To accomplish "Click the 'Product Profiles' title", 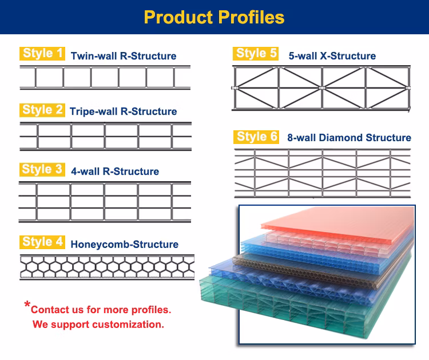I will pyautogui.click(x=214, y=17).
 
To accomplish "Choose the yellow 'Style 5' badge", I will pyautogui.click(x=256, y=54).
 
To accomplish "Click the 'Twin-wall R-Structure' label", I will pyautogui.click(x=124, y=56).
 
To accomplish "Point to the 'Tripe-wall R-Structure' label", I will pyautogui.click(x=123, y=111).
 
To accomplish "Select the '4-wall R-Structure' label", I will pyautogui.click(x=115, y=171).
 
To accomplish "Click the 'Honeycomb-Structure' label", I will pyautogui.click(x=124, y=245).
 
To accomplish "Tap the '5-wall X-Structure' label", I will pyautogui.click(x=332, y=56).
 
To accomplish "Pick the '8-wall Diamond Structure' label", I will pyautogui.click(x=349, y=138).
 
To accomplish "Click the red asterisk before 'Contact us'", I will pyautogui.click(x=27, y=306).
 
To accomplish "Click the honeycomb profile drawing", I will pyautogui.click(x=107, y=267).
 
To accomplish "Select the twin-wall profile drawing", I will pyautogui.click(x=107, y=77).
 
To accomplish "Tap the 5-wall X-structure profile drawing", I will pyautogui.click(x=323, y=87).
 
